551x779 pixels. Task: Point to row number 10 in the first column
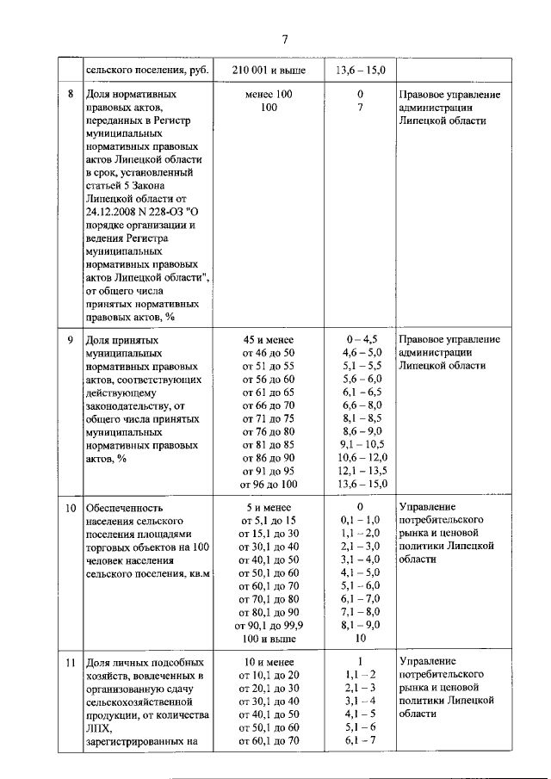[71, 508]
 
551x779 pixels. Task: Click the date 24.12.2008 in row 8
[116, 211]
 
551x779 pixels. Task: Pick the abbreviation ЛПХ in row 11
[100, 729]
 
